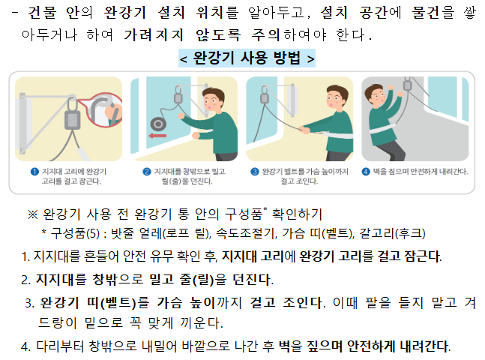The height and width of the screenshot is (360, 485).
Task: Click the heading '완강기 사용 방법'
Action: coord(247,58)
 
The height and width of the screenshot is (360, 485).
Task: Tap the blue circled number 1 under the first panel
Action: coord(34,172)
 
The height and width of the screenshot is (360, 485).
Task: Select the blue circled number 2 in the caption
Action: coord(147,172)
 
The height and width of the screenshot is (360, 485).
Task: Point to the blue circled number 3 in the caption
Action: coord(255,172)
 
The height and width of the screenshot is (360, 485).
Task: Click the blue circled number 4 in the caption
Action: coord(366,172)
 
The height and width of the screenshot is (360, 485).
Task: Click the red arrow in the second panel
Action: coord(157,136)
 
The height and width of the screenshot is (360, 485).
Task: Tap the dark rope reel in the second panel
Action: coord(158,124)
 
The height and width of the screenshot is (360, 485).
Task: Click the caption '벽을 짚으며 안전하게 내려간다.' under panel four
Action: coord(421,172)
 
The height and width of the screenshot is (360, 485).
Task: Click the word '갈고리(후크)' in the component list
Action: coord(392,233)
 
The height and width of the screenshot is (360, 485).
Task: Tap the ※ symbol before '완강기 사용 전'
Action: coord(32,214)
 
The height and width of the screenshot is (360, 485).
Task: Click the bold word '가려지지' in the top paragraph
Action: coord(154,34)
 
